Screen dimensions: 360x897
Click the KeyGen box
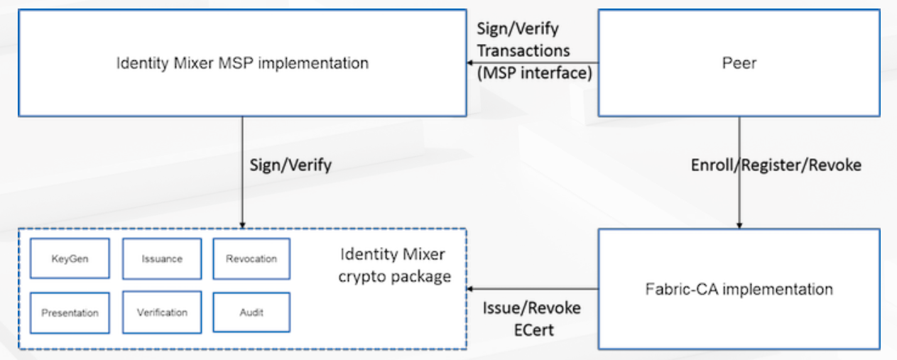click(70, 258)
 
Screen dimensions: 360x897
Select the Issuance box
click(161, 258)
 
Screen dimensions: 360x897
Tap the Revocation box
click(251, 258)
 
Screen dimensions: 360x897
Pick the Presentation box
click(70, 312)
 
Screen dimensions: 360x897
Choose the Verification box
click(161, 312)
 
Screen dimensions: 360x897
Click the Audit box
click(251, 312)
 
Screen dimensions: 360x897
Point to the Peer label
click(739, 63)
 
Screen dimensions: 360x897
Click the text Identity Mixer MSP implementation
click(242, 63)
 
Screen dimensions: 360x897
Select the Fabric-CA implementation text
click(739, 289)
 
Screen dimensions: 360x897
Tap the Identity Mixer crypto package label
click(394, 266)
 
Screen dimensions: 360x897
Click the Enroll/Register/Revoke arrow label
click(776, 165)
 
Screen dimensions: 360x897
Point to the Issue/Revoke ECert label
click(531, 318)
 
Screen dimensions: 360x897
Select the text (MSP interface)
click(533, 72)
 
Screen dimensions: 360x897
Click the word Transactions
click(523, 50)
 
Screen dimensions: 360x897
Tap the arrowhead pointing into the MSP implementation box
click(470, 63)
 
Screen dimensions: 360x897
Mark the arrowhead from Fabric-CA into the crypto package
click(470, 289)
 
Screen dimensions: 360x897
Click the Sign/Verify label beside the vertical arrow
click(290, 165)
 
